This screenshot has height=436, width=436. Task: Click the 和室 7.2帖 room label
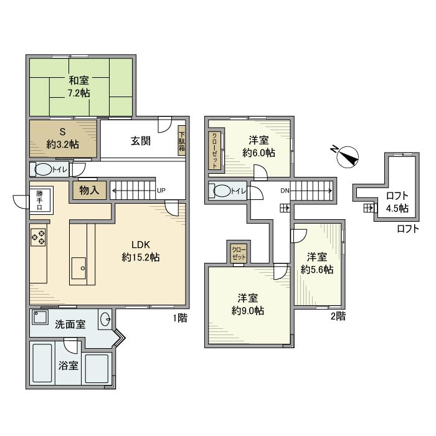(x=78, y=86)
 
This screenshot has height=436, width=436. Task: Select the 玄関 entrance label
(x=140, y=141)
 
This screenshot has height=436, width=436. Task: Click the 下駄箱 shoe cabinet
(x=182, y=142)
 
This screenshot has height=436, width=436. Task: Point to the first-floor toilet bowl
(x=44, y=169)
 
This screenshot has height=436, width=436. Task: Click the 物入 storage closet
(x=90, y=191)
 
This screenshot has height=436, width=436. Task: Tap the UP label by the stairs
(x=161, y=190)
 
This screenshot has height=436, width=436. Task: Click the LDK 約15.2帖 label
(x=141, y=250)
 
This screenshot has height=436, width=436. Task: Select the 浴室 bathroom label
(x=69, y=366)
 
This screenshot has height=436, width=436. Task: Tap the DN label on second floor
(x=284, y=190)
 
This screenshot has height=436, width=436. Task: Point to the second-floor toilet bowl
(x=223, y=191)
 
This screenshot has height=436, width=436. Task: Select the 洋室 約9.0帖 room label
(x=247, y=303)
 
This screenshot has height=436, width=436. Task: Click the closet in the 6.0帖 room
(x=214, y=150)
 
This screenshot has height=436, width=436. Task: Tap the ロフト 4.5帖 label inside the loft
(x=396, y=202)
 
